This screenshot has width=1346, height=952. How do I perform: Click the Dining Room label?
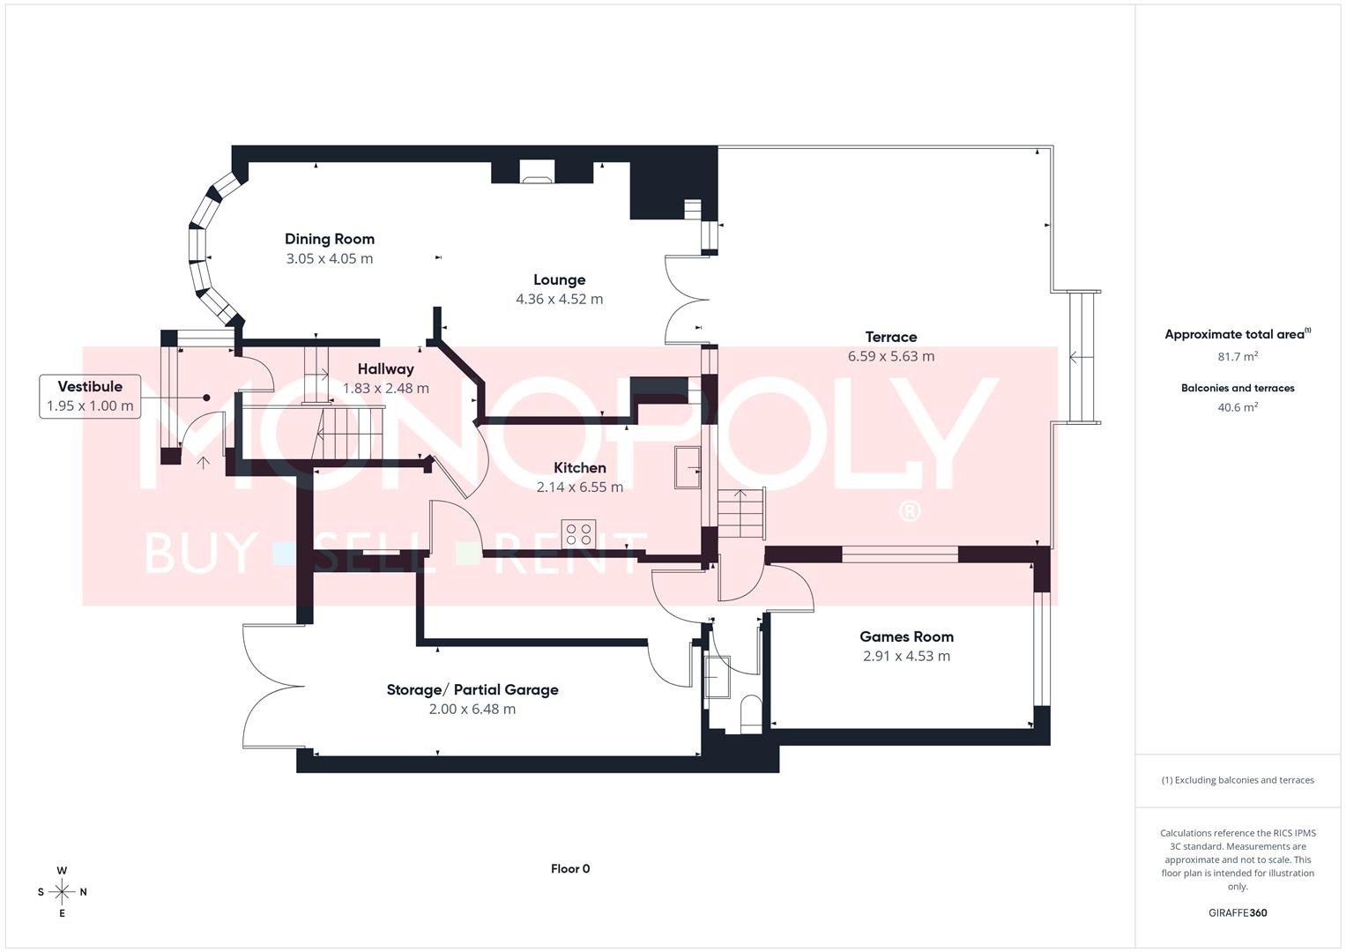coord(329,239)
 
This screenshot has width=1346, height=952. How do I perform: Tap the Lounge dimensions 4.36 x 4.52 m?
coord(559,299)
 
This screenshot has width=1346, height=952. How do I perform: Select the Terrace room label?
coord(890,337)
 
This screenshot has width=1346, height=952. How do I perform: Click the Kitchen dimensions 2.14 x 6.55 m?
coord(579,487)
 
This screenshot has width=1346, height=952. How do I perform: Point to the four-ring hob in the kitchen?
coord(578,533)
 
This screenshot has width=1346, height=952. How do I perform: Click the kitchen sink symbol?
coord(688,467)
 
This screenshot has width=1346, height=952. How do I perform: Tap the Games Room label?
coord(906,636)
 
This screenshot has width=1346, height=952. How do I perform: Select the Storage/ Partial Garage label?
coord(472,689)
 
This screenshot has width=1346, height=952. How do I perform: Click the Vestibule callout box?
coord(90,397)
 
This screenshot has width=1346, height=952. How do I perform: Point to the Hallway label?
coord(385,369)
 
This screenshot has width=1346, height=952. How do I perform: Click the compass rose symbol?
coord(62,892)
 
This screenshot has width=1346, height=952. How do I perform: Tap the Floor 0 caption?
coord(570,868)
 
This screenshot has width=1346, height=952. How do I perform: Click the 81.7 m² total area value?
coord(1238,357)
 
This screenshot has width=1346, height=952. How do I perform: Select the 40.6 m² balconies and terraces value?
coord(1238,407)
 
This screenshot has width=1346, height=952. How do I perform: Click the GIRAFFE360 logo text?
coord(1238,912)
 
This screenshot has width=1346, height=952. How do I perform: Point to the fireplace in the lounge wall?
coord(536,173)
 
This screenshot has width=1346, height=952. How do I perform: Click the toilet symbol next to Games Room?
coord(750,712)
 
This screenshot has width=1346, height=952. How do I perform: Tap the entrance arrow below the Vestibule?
coord(204,461)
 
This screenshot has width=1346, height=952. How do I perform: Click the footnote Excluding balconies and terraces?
coord(1238,780)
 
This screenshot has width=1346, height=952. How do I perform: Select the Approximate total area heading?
coord(1238,334)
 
